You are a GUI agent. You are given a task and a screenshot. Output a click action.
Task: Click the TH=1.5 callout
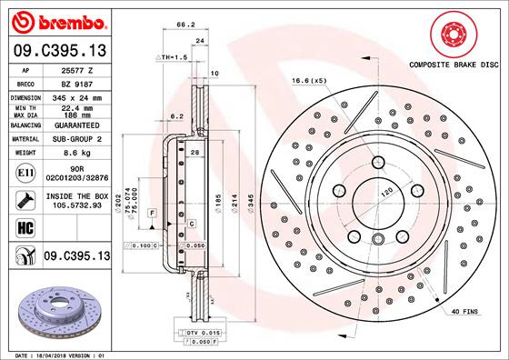(x=173, y=56)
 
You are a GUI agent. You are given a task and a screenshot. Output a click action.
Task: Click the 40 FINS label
(x=464, y=311)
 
